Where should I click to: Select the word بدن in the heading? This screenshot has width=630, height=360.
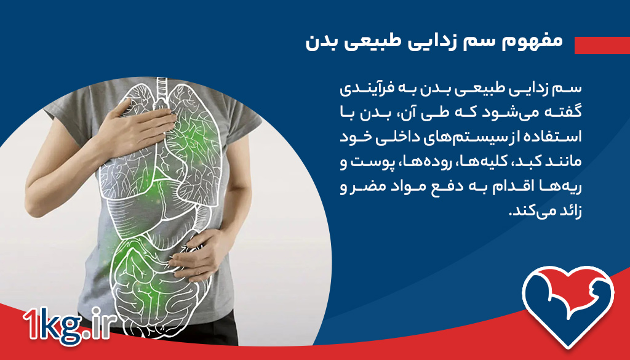click(323, 42)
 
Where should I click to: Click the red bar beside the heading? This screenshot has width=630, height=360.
click(602, 45)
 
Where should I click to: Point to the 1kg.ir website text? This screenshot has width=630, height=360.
click(66, 324)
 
